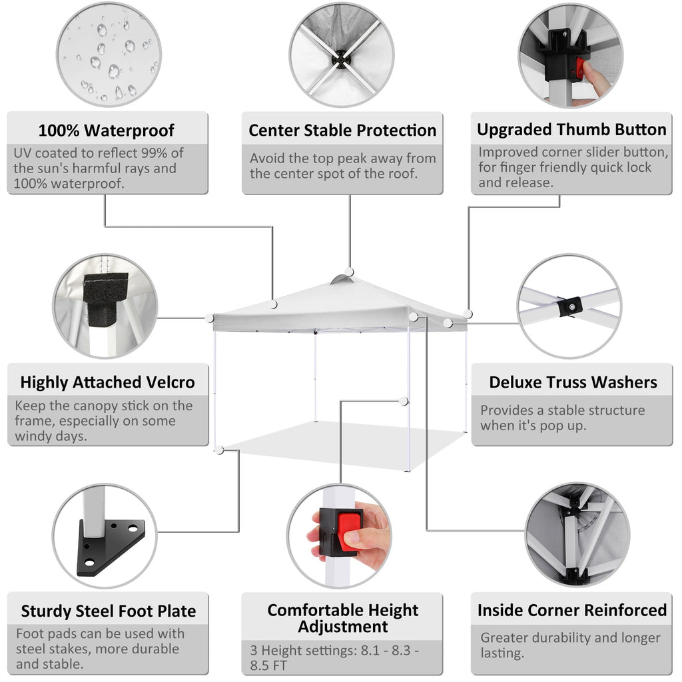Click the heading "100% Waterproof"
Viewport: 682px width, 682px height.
(x=106, y=130)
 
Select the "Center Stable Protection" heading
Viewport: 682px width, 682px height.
(x=342, y=130)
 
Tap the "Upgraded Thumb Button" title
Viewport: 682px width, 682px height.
(x=571, y=130)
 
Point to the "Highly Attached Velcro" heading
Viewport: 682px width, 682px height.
(x=107, y=382)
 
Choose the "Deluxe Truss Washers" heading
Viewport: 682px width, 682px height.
(x=573, y=382)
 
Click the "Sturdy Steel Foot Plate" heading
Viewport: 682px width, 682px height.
(x=109, y=611)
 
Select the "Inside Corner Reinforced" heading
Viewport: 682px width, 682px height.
(x=572, y=610)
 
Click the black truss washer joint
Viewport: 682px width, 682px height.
(x=570, y=306)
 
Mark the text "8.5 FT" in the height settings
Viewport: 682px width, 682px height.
(x=268, y=665)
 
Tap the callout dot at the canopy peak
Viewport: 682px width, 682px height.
(x=349, y=272)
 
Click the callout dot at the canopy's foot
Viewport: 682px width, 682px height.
(x=220, y=450)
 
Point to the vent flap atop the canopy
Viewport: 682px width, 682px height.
(x=342, y=279)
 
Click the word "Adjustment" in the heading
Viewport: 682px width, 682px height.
(x=343, y=627)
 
